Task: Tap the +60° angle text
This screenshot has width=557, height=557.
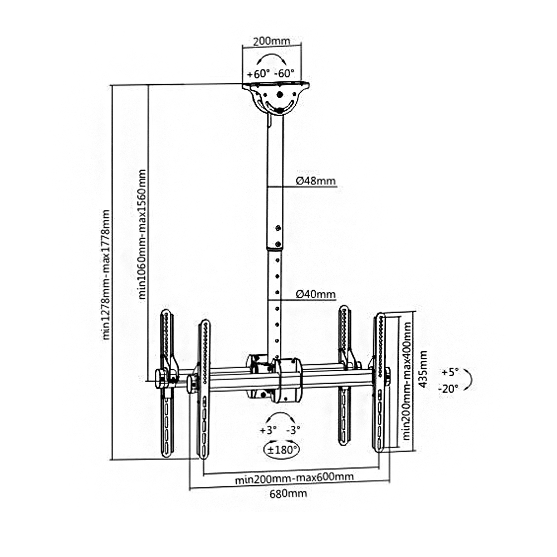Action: [x=258, y=74]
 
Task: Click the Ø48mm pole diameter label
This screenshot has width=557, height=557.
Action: [x=315, y=180]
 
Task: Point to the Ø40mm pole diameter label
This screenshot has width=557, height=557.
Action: [x=315, y=294]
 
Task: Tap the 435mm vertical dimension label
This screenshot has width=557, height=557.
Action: [x=424, y=369]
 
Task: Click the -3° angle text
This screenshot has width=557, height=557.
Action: [x=294, y=430]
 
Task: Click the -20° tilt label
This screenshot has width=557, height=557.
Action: [x=448, y=388]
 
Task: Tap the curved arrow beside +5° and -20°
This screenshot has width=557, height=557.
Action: [x=469, y=379]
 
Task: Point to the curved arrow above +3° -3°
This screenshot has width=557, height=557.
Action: [x=280, y=417]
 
